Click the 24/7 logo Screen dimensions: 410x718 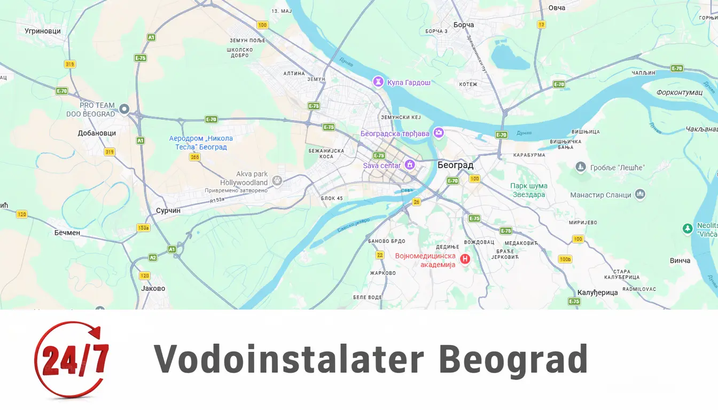click(x=72, y=359)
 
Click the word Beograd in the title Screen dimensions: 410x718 click(x=513, y=359)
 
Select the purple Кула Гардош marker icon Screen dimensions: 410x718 click(x=378, y=82)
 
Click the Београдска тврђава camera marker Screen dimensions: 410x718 click(x=439, y=132)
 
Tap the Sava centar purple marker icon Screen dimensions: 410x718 click(x=410, y=164)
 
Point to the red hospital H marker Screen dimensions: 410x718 click(x=465, y=259)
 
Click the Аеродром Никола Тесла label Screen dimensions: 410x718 click(x=201, y=143)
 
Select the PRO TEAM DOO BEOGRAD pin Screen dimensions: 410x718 click(x=124, y=109)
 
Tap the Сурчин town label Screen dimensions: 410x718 click(x=168, y=210)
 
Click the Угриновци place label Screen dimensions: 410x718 click(x=43, y=31)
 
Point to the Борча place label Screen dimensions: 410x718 click(x=463, y=25)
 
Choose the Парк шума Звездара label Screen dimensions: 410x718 click(x=528, y=190)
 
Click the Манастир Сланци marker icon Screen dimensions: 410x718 click(x=640, y=194)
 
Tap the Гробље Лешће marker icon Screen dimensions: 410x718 click(x=581, y=167)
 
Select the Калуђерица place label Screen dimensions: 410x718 click(x=597, y=293)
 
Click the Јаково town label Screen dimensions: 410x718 click(x=153, y=288)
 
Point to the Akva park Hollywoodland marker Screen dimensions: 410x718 click(x=277, y=180)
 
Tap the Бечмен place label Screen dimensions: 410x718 click(x=67, y=233)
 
